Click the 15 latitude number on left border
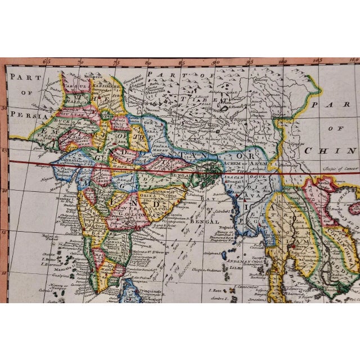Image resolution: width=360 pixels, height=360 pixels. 4,231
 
